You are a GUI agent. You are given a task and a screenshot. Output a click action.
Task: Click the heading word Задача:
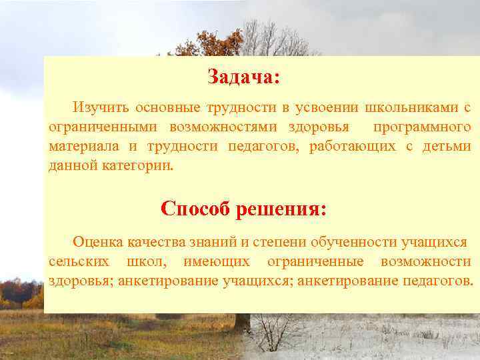point(243,77)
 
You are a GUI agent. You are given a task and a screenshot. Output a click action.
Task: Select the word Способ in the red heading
point(193,209)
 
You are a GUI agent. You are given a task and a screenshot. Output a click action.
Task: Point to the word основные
point(165,107)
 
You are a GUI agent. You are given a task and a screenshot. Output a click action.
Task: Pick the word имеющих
point(220,261)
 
